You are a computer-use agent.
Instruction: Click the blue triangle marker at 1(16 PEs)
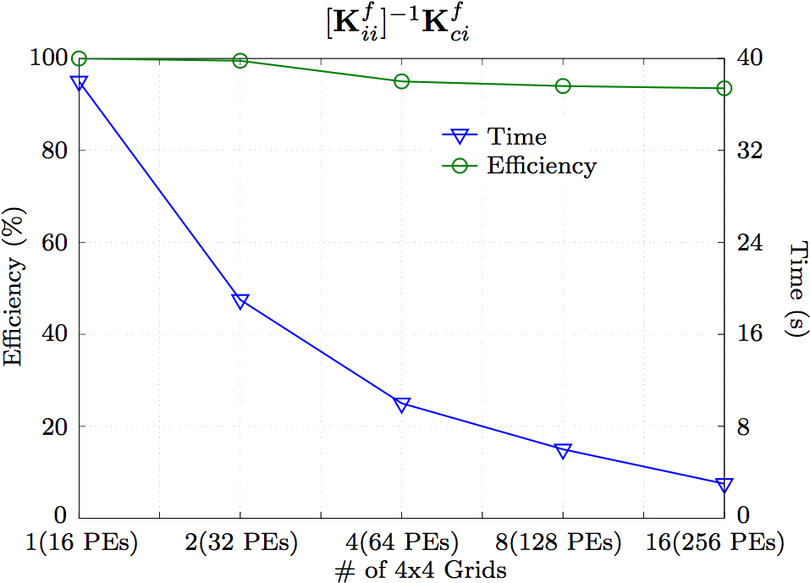click(x=80, y=83)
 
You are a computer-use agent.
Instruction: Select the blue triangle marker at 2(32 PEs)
click(x=240, y=300)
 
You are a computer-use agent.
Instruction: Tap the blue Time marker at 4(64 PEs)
click(x=402, y=404)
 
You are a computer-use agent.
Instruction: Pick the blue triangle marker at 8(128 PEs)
click(x=564, y=449)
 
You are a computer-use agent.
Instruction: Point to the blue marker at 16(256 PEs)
click(x=725, y=484)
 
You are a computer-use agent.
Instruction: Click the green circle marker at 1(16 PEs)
click(x=80, y=58)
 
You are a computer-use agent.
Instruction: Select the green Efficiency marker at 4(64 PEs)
click(x=402, y=81)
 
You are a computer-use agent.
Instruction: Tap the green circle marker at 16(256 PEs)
click(x=725, y=89)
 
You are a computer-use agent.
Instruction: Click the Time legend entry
click(x=516, y=136)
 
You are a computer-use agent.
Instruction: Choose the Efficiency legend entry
click(x=540, y=166)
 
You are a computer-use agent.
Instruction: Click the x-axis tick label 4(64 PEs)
click(x=402, y=542)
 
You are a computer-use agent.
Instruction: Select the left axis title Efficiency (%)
click(x=14, y=286)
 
